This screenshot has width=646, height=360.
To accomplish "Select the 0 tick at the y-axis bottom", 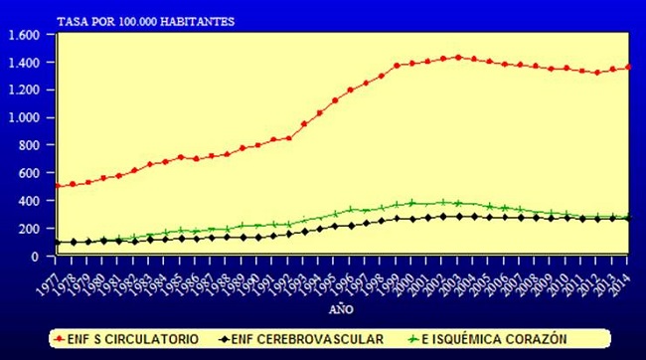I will [x=36, y=256].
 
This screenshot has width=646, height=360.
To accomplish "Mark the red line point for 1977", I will [x=57, y=186].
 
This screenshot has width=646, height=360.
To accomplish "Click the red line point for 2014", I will [x=627, y=68].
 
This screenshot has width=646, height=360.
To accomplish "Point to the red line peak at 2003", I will [x=457, y=57].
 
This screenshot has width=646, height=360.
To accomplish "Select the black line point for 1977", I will [x=57, y=242].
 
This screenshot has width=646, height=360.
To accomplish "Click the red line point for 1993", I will [x=303, y=124].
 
